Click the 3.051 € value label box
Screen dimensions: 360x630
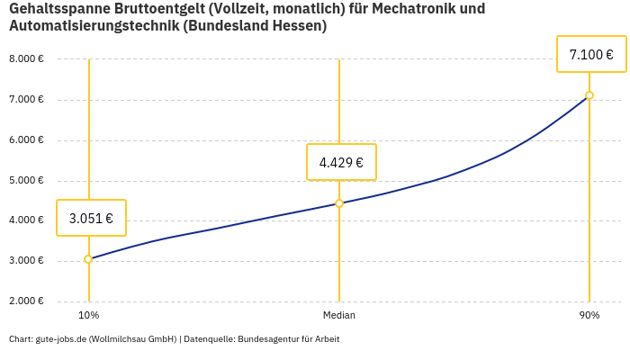pyautogui.click(x=91, y=218)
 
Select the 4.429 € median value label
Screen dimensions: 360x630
pyautogui.click(x=341, y=162)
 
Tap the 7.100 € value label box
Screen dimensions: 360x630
pyautogui.click(x=591, y=55)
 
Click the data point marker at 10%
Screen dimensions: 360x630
pyautogui.click(x=88, y=259)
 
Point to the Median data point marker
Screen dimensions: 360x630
pyautogui.click(x=339, y=203)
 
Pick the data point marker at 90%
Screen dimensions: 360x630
pyautogui.click(x=589, y=95)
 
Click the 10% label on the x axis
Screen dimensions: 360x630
pyautogui.click(x=88, y=315)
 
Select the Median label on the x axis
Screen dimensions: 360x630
pyautogui.click(x=339, y=315)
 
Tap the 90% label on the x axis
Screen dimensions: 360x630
pyautogui.click(x=589, y=315)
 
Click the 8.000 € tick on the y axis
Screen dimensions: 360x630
pyautogui.click(x=26, y=59)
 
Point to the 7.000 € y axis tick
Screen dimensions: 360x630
pyautogui.click(x=26, y=100)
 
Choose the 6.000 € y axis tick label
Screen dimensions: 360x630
pyautogui.click(x=26, y=140)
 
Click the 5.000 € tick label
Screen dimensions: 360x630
pyautogui.click(x=26, y=181)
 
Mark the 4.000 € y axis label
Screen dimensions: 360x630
pyautogui.click(x=26, y=220)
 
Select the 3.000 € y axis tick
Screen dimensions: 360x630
pyautogui.click(x=26, y=261)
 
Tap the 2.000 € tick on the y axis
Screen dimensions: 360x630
pyautogui.click(x=26, y=301)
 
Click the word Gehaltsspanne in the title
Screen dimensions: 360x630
pyautogui.click(x=58, y=9)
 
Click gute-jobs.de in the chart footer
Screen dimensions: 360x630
pyautogui.click(x=60, y=339)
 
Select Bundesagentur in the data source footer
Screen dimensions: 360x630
pyautogui.click(x=267, y=339)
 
